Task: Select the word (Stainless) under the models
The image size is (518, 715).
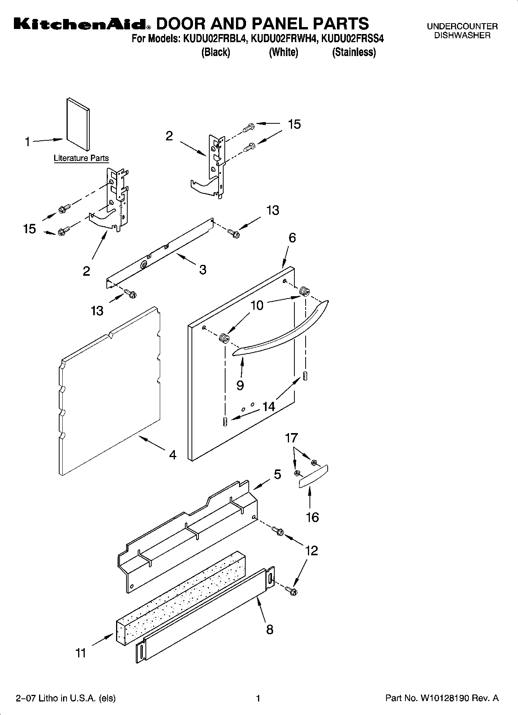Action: pyautogui.click(x=354, y=52)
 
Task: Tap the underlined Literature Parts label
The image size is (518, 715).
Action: pyautogui.click(x=81, y=158)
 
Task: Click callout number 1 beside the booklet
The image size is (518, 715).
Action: pyautogui.click(x=27, y=142)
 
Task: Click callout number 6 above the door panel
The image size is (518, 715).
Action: pyautogui.click(x=292, y=238)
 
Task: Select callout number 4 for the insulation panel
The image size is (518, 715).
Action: pyautogui.click(x=173, y=455)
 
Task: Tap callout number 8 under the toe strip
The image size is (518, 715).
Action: pyautogui.click(x=270, y=630)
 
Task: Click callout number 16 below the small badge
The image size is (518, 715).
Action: pyautogui.click(x=312, y=517)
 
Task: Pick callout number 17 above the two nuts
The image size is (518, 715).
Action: pyautogui.click(x=291, y=438)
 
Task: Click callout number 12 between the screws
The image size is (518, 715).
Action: pyautogui.click(x=311, y=550)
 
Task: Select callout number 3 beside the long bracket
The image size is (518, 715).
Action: pyautogui.click(x=203, y=270)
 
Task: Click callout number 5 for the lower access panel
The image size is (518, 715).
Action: pyautogui.click(x=277, y=474)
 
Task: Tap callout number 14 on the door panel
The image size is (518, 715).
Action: pyautogui.click(x=268, y=406)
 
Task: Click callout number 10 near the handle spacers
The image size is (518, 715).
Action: pyautogui.click(x=257, y=305)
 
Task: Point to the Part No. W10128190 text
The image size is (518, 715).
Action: pyautogui.click(x=442, y=698)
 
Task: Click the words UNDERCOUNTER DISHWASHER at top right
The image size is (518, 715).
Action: pyautogui.click(x=462, y=31)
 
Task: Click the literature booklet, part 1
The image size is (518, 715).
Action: pyautogui.click(x=78, y=125)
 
